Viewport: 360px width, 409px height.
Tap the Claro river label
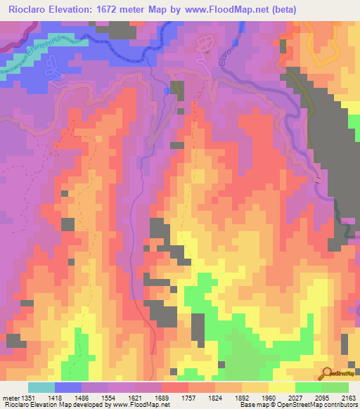(224, 67)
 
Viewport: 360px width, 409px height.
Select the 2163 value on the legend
(349, 397)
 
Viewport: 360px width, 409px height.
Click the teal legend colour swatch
(41, 387)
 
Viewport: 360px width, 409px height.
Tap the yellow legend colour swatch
(281, 387)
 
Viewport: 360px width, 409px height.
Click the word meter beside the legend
(11, 397)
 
